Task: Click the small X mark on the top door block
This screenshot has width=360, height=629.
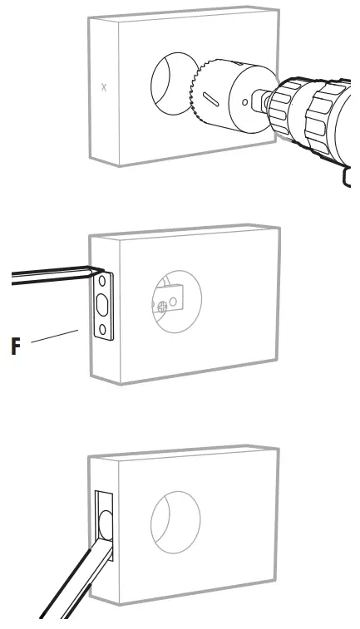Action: coord(104,87)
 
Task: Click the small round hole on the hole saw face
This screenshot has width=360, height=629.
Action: coord(244,103)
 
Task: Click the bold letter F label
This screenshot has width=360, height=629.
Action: coord(16,346)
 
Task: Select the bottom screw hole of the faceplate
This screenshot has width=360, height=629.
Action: coord(102,331)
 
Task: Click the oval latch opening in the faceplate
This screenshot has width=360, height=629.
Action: coord(102,305)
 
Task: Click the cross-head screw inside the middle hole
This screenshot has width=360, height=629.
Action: coord(162,306)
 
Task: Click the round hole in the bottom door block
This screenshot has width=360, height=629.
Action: coord(174,528)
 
